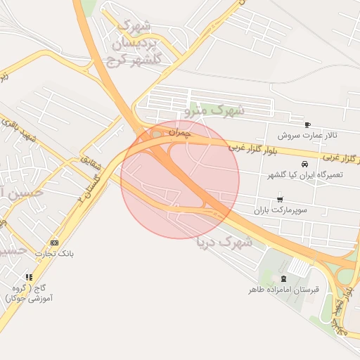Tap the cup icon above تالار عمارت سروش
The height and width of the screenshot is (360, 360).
click(307, 124)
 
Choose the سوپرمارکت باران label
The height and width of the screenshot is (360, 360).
click(281, 210)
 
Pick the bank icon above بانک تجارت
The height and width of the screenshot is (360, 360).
click(55, 243)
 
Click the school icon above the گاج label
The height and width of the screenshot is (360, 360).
click(29, 277)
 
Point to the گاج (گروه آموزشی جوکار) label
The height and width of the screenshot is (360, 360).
click(29, 293)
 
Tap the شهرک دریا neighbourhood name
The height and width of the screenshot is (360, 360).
click(226, 242)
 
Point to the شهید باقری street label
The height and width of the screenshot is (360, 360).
click(39, 133)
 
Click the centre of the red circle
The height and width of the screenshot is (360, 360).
click(180, 180)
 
